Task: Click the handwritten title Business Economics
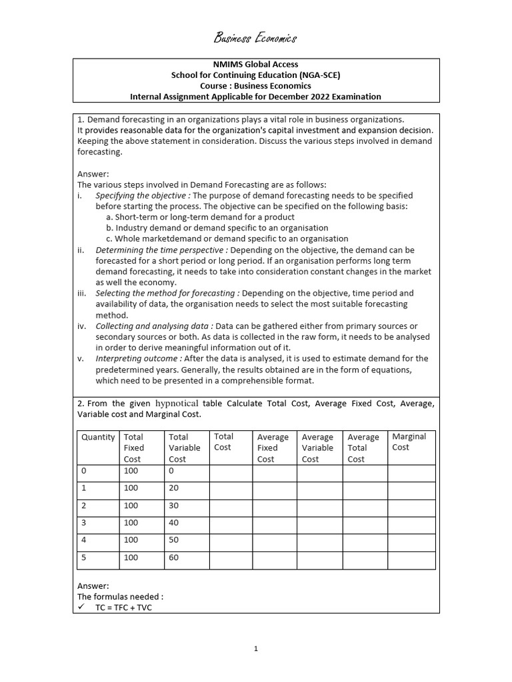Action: click(x=255, y=38)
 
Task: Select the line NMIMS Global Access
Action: click(x=255, y=65)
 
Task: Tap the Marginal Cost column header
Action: click(x=409, y=442)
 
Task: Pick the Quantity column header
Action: click(x=98, y=438)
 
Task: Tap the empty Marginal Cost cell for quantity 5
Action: click(x=411, y=560)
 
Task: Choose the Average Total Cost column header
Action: click(x=363, y=448)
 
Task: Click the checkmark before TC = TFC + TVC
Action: click(x=81, y=607)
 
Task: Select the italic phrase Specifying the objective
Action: click(x=143, y=196)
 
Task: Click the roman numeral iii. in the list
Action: click(x=82, y=293)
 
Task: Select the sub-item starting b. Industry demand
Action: click(x=217, y=228)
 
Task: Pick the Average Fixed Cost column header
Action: click(x=273, y=448)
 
